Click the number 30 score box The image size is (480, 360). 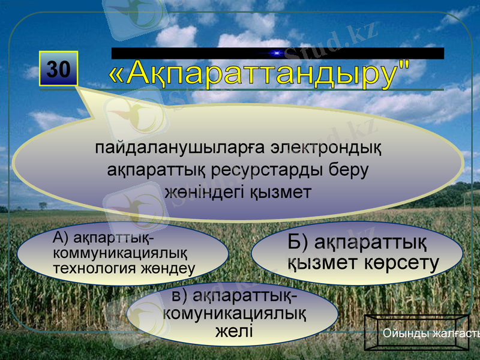(x=58, y=69)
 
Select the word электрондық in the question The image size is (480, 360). (x=325, y=148)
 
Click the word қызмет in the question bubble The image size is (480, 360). (x=280, y=192)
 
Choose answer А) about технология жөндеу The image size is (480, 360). (x=123, y=253)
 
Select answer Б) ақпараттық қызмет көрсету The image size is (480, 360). (x=357, y=253)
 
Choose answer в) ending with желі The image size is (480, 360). (x=234, y=314)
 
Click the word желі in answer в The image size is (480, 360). (x=234, y=331)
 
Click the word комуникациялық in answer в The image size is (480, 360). (x=235, y=314)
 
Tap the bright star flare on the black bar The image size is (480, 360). (x=277, y=53)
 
